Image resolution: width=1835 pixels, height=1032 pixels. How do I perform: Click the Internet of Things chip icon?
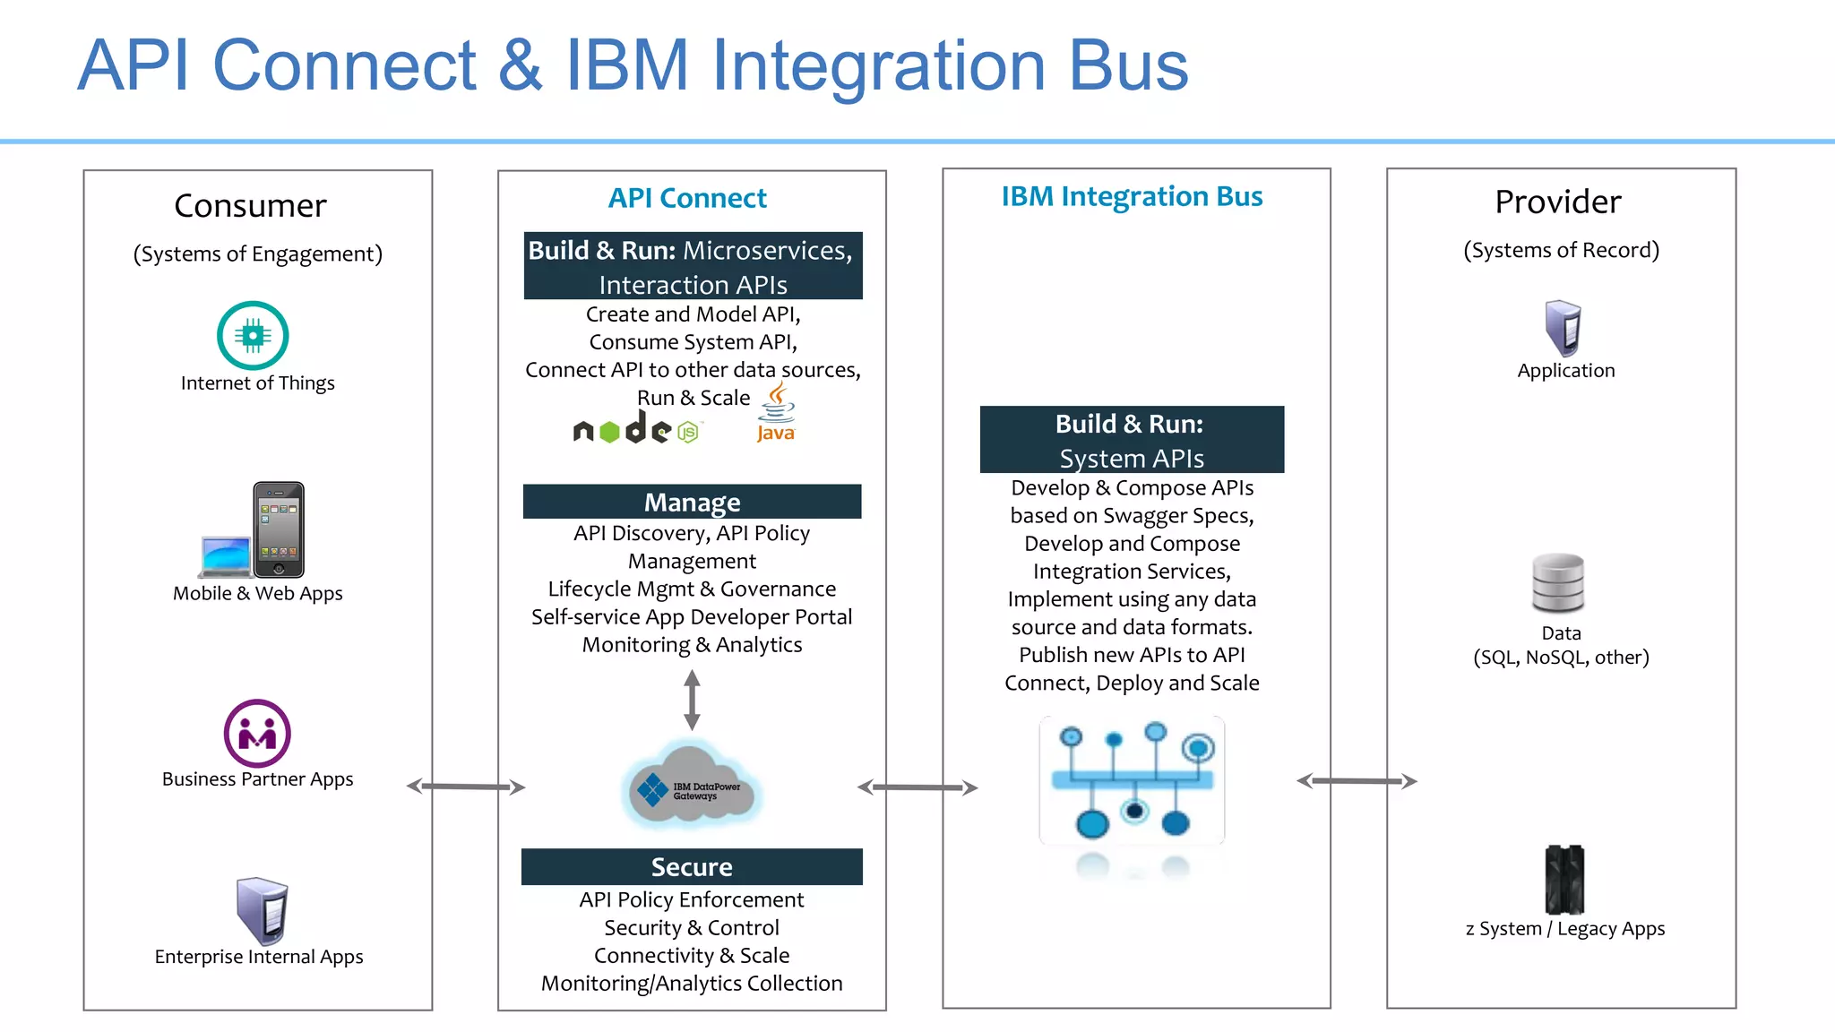pos(253,336)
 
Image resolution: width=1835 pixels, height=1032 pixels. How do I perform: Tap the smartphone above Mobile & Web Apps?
pos(279,529)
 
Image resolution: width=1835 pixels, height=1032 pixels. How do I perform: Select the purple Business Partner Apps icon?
pos(257,734)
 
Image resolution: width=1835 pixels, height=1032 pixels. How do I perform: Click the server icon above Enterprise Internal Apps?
pos(262,911)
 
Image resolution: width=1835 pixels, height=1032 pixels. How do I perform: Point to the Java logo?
pos(776,413)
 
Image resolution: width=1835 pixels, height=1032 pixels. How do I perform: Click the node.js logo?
pos(636,431)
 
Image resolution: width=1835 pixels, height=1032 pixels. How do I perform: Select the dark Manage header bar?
pos(692,502)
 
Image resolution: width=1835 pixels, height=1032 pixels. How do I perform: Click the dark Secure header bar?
pos(692,866)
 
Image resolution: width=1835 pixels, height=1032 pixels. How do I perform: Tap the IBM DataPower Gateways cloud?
pos(692,787)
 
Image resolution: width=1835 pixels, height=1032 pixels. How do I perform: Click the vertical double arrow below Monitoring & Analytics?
pos(692,701)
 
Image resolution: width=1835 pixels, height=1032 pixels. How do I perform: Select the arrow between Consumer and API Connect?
pos(466,787)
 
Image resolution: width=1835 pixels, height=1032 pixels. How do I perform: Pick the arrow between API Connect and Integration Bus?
pos(917,787)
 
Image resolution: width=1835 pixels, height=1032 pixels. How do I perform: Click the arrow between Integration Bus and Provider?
pos(1357,781)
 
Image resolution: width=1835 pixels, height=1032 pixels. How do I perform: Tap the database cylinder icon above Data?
pos(1558,583)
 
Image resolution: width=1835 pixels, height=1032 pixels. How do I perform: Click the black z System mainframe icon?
pos(1564,879)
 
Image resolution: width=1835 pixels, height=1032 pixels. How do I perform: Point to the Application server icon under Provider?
pos(1564,328)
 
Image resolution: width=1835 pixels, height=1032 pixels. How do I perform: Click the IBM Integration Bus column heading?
pos(1132,196)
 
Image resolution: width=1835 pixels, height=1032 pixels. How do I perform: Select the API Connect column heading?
pos(687,198)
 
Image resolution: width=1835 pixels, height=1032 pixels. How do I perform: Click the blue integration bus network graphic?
pos(1132,780)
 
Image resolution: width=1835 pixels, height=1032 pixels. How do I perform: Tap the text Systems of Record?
pos(1561,250)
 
